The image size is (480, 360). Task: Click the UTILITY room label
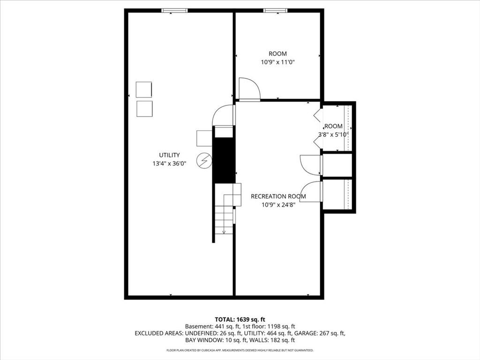[x=169, y=155]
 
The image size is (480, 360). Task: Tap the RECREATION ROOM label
[x=278, y=196]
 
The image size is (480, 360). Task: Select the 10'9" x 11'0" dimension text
[x=277, y=62]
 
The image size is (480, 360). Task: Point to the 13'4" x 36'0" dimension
[x=169, y=164]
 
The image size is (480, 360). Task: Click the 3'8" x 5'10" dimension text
[x=333, y=135]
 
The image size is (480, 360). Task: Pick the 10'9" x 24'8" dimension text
[x=278, y=205]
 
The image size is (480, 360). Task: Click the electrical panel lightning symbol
[x=205, y=161]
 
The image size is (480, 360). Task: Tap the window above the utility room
[x=174, y=11]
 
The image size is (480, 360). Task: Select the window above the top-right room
[x=276, y=11]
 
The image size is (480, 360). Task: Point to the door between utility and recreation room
[x=224, y=115]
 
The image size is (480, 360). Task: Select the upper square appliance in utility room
[x=144, y=90]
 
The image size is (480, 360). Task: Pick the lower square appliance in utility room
[x=144, y=109]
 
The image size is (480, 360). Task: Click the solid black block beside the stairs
[x=224, y=160]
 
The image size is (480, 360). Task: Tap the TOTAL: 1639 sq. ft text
[x=240, y=320]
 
